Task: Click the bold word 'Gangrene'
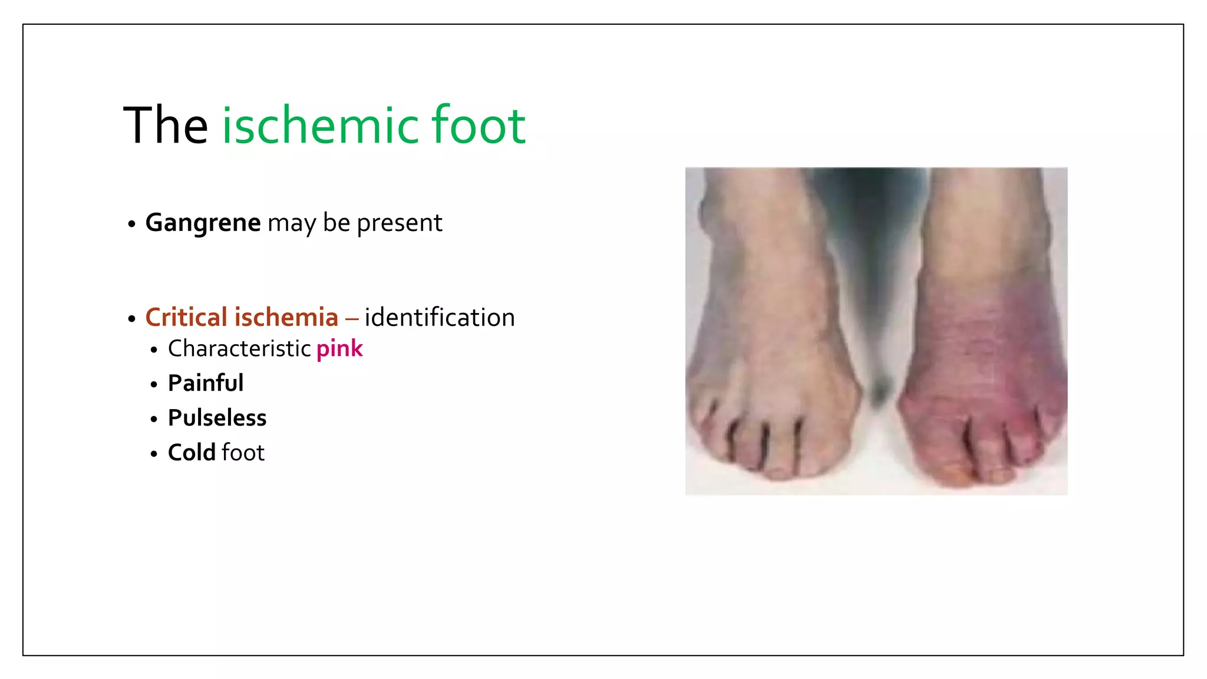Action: click(x=203, y=223)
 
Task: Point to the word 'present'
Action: click(x=399, y=223)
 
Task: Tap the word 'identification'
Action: click(x=440, y=317)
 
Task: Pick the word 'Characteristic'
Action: click(x=239, y=348)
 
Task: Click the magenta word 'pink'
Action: click(x=339, y=349)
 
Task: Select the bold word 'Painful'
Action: click(x=206, y=383)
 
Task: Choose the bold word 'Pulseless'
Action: click(x=217, y=418)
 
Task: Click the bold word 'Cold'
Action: click(x=192, y=453)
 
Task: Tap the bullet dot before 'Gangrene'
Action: click(x=131, y=225)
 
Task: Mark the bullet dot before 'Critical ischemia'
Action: click(x=131, y=319)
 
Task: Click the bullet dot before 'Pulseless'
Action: click(x=154, y=420)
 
